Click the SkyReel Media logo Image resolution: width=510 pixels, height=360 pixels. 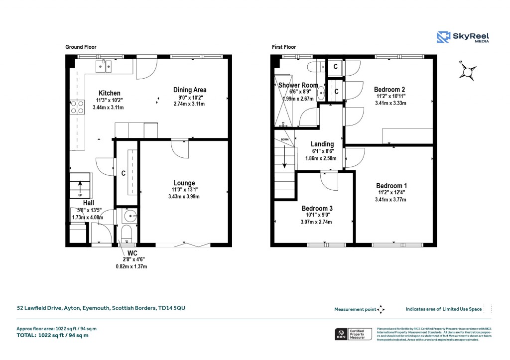tap(463, 37)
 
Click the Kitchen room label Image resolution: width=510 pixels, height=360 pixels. tap(109, 93)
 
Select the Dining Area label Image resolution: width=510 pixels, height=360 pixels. tap(190, 90)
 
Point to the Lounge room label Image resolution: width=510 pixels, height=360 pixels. tap(184, 183)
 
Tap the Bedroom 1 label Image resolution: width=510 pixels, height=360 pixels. tap(391, 186)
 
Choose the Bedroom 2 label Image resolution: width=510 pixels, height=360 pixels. tap(389, 90)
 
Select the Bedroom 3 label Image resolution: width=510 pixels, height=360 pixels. tap(317, 208)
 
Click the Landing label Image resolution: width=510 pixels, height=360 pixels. tap(322, 144)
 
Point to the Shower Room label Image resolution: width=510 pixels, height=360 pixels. tap(298, 85)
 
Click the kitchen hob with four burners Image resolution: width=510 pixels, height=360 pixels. tap(77, 108)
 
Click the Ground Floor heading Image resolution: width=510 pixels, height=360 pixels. tap(81, 47)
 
